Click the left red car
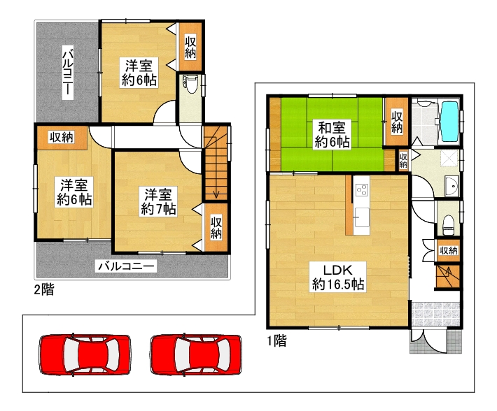[85, 354]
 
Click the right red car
[196, 354]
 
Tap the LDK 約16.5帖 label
[338, 277]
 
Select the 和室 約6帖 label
[332, 135]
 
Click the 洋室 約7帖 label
[158, 202]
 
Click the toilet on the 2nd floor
[190, 84]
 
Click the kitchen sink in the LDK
[362, 217]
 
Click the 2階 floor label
[44, 289]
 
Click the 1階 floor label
[276, 340]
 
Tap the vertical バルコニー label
[67, 73]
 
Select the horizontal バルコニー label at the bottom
[126, 266]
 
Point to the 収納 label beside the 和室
[396, 122]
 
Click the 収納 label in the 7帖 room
[216, 228]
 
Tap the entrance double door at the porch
[429, 341]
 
